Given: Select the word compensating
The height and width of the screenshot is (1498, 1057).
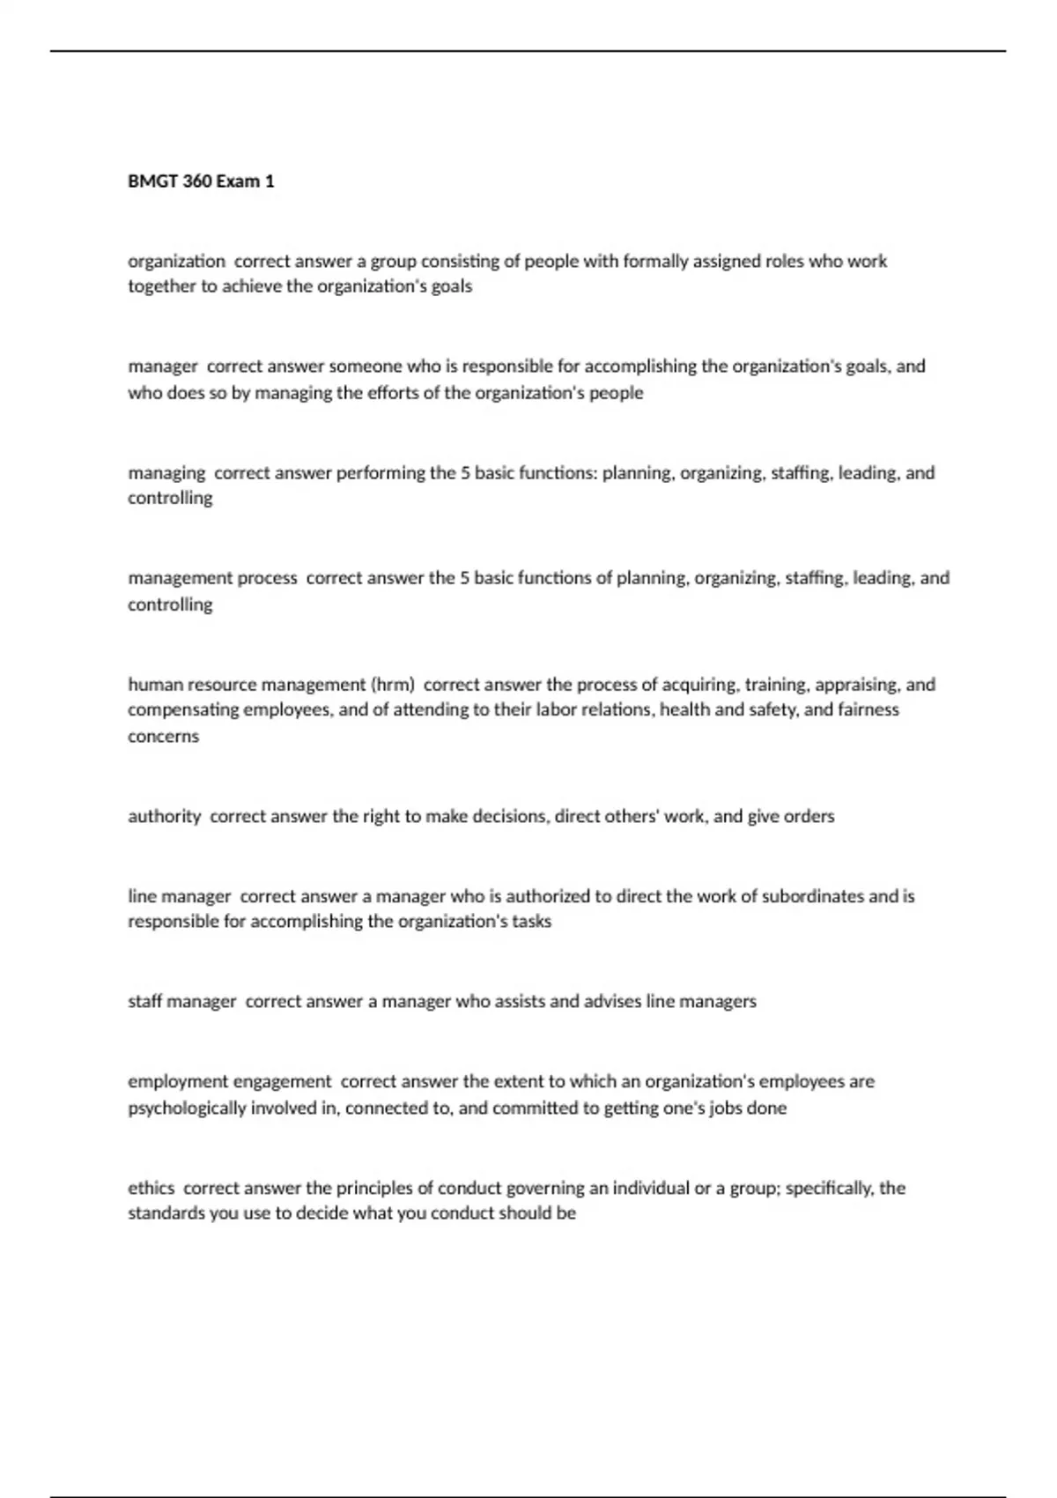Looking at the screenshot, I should pos(183,710).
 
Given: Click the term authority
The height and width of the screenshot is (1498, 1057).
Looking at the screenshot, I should pos(165,817).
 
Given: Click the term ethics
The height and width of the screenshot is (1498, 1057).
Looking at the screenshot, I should pos(152,1188).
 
